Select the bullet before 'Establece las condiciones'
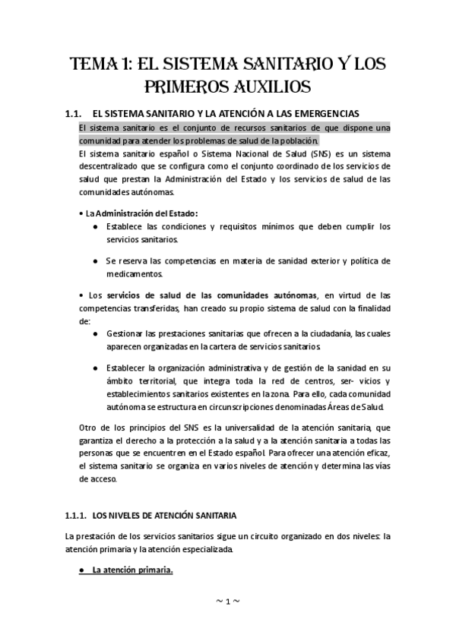click(95, 227)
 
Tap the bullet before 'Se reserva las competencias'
click(95, 261)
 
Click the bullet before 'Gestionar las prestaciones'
click(95, 333)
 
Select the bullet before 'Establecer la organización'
click(95, 368)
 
